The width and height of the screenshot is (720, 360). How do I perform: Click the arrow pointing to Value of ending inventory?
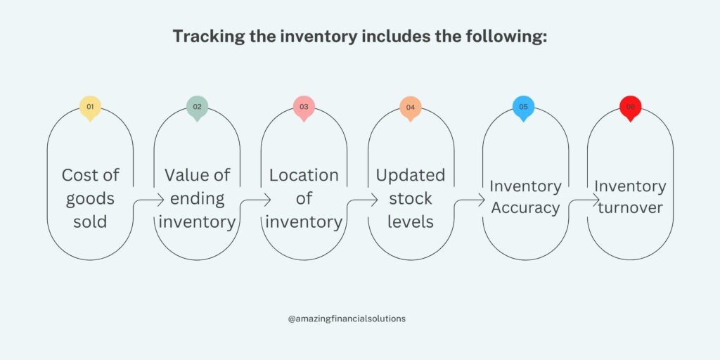(148, 200)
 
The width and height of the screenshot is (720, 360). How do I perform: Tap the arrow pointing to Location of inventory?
(255, 200)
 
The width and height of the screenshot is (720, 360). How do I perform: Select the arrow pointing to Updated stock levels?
(362, 200)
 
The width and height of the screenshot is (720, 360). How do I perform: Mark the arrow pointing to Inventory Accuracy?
(469, 200)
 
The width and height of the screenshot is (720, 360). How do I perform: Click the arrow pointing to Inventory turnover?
(584, 200)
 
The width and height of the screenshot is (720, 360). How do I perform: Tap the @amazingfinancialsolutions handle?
(347, 319)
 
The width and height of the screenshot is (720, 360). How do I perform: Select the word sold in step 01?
(90, 221)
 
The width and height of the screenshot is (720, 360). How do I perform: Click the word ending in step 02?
(197, 199)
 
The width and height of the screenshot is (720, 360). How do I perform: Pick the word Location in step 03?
(304, 175)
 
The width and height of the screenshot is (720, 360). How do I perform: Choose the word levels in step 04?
(411, 221)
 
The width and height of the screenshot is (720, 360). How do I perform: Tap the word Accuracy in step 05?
(525, 208)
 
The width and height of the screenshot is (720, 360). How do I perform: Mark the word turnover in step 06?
(631, 207)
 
